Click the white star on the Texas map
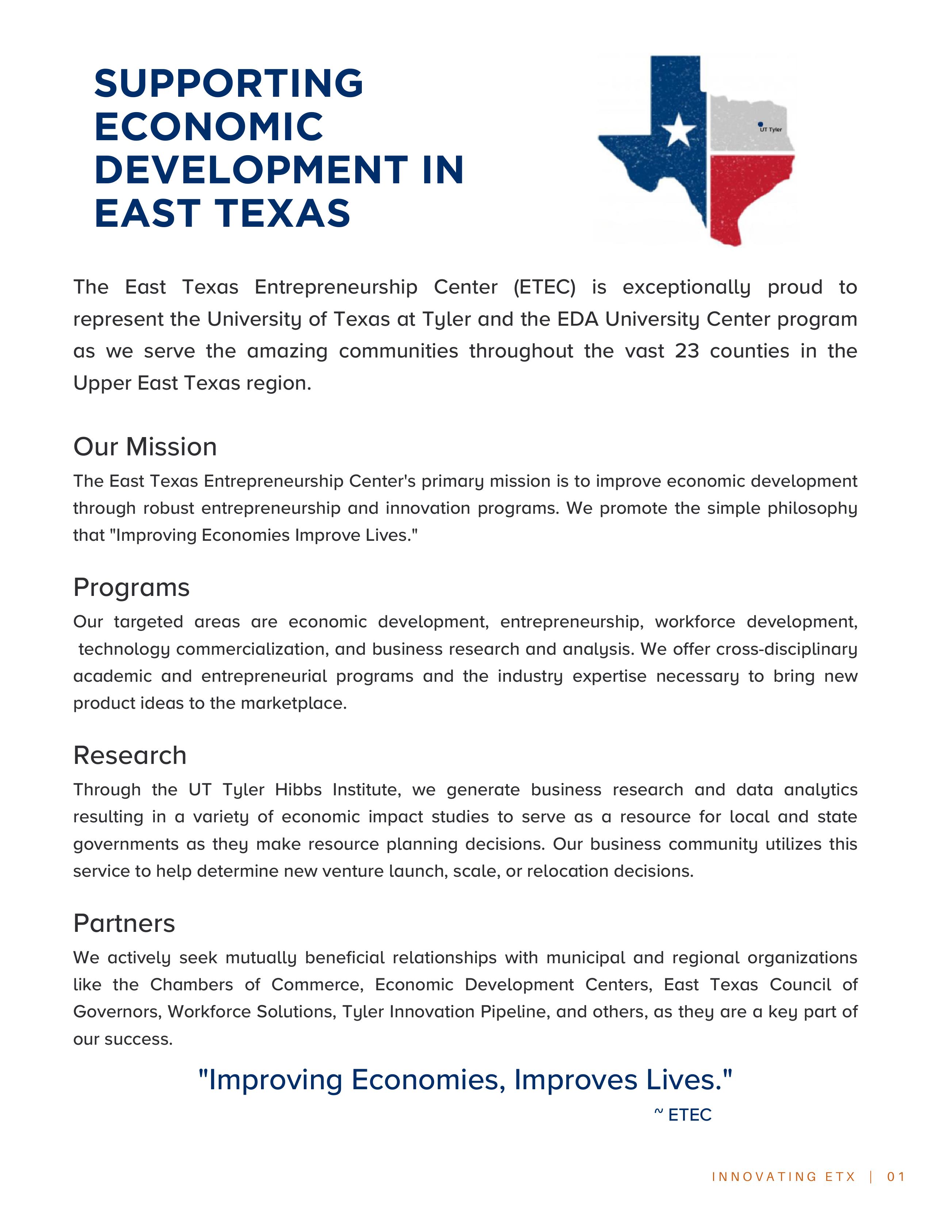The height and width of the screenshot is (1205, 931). point(678,131)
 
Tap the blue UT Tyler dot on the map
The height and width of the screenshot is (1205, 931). point(760,125)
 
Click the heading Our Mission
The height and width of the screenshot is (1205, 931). point(145,447)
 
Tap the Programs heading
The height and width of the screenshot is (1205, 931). point(131,588)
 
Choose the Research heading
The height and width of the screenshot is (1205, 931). point(130,755)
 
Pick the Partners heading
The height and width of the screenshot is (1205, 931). point(124,923)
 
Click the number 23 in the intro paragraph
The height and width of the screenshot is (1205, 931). point(687,351)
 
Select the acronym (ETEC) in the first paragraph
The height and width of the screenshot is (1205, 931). point(544,287)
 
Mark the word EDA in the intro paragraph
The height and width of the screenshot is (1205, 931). point(578,320)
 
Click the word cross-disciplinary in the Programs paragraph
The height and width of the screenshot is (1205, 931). point(786,649)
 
